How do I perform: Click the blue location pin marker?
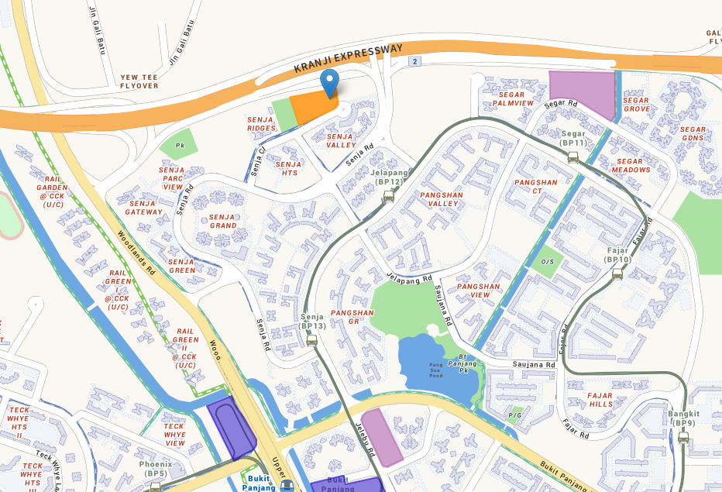[330, 81]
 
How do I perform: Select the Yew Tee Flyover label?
[139, 81]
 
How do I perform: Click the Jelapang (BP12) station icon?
[387, 197]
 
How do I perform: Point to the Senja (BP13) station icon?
[311, 340]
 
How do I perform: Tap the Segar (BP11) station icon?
[572, 157]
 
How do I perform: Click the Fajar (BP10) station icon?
[617, 274]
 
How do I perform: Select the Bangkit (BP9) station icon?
[682, 437]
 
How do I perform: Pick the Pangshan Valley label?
[439, 199]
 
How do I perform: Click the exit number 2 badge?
[416, 61]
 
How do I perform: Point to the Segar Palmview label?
[513, 98]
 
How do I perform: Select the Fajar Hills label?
[600, 400]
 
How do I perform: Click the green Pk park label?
[180, 145]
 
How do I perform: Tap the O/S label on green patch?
[547, 262]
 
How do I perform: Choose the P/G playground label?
[515, 415]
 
